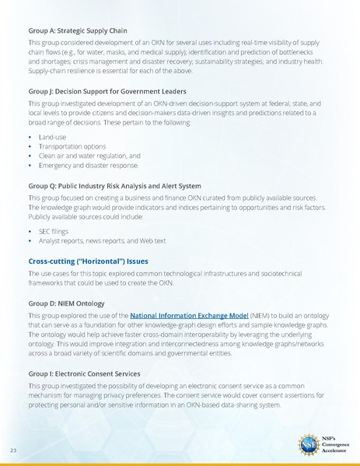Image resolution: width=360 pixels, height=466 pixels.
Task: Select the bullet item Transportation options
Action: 72,145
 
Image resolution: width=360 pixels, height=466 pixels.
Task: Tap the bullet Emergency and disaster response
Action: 88,165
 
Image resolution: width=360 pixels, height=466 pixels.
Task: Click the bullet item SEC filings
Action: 55,231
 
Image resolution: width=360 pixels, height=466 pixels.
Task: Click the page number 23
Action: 14,450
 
